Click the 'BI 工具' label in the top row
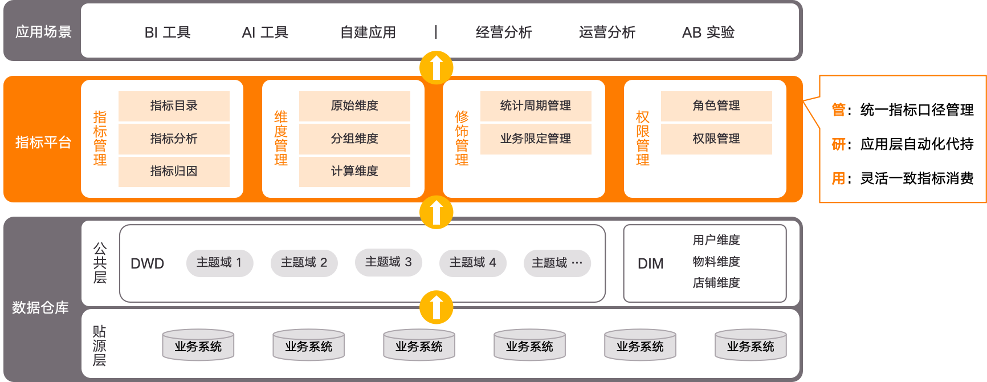pyautogui.click(x=168, y=32)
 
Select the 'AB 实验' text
pyautogui.click(x=708, y=32)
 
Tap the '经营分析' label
pyautogui.click(x=504, y=32)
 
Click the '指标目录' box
pyautogui.click(x=174, y=106)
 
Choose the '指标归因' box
pyautogui.click(x=174, y=172)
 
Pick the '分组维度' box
pyautogui.click(x=354, y=139)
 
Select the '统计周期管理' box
pyautogui.click(x=536, y=106)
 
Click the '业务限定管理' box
pyautogui.click(x=536, y=139)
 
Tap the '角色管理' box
pyautogui.click(x=716, y=106)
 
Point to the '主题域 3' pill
pyautogui.click(x=388, y=262)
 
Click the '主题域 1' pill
pyautogui.click(x=219, y=263)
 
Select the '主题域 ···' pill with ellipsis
pyautogui.click(x=557, y=263)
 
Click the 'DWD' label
pyautogui.click(x=148, y=264)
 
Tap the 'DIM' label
pyautogui.click(x=651, y=264)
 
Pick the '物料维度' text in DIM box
pyautogui.click(x=716, y=262)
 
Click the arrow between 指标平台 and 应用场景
pyautogui.click(x=437, y=68)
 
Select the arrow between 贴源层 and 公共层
pyautogui.click(x=437, y=307)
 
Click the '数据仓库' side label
pyautogui.click(x=40, y=308)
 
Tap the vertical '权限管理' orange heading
pyautogui.click(x=643, y=139)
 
